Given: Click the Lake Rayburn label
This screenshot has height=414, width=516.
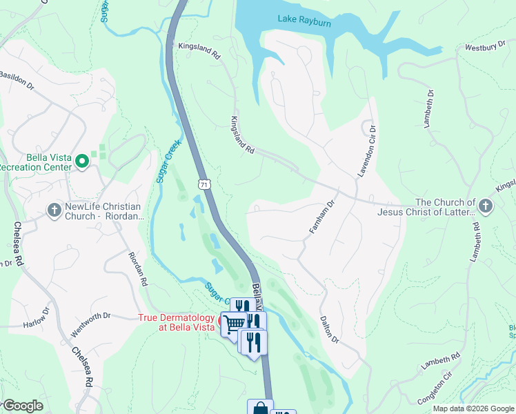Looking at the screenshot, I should pyautogui.click(x=304, y=22).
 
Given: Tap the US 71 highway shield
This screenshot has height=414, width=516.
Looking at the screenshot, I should pyautogui.click(x=203, y=184).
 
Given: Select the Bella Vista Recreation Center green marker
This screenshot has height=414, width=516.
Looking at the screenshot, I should pyautogui.click(x=82, y=161).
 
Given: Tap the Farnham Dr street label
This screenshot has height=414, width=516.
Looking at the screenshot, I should pyautogui.click(x=321, y=217).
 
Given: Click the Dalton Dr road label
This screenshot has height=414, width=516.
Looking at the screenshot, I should pyautogui.click(x=329, y=330).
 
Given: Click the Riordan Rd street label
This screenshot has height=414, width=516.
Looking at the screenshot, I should pyautogui.click(x=138, y=268).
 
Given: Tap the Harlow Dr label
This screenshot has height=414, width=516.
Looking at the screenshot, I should pyautogui.click(x=37, y=324).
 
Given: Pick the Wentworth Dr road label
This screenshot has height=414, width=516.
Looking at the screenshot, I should pyautogui.click(x=88, y=317).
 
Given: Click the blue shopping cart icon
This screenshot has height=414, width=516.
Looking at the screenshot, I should pyautogui.click(x=234, y=322).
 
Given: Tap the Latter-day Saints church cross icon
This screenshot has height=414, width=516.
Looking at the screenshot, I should pyautogui.click(x=485, y=206).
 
